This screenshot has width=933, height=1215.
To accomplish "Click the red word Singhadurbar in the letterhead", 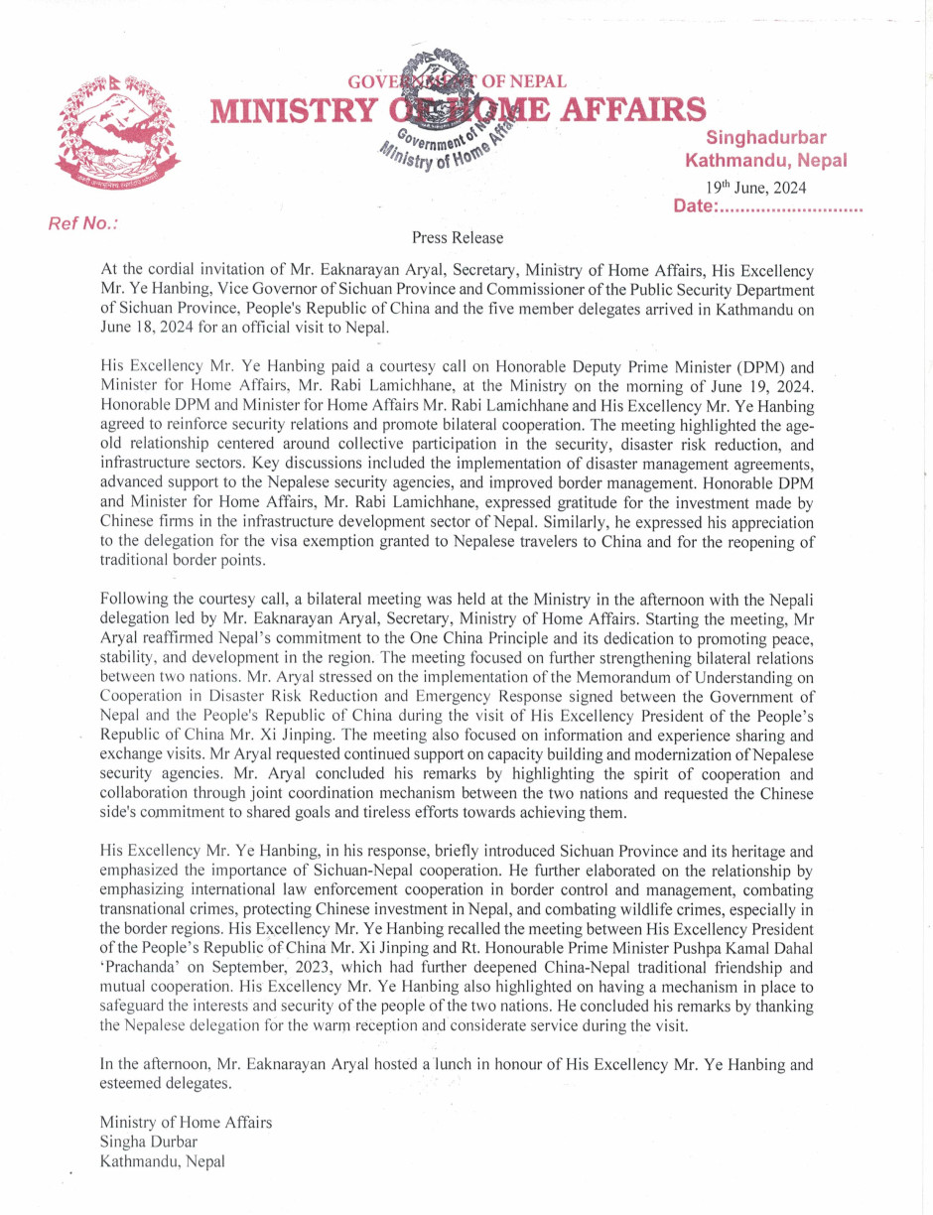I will (x=766, y=137).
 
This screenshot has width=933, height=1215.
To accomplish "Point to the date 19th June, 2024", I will (x=755, y=187).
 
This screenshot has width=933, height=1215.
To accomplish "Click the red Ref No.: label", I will (x=83, y=223).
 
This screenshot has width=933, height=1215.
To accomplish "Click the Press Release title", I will (x=458, y=238).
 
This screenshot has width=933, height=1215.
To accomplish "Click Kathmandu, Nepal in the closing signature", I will (x=163, y=1159).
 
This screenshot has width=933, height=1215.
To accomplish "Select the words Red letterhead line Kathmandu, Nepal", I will (x=765, y=160).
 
